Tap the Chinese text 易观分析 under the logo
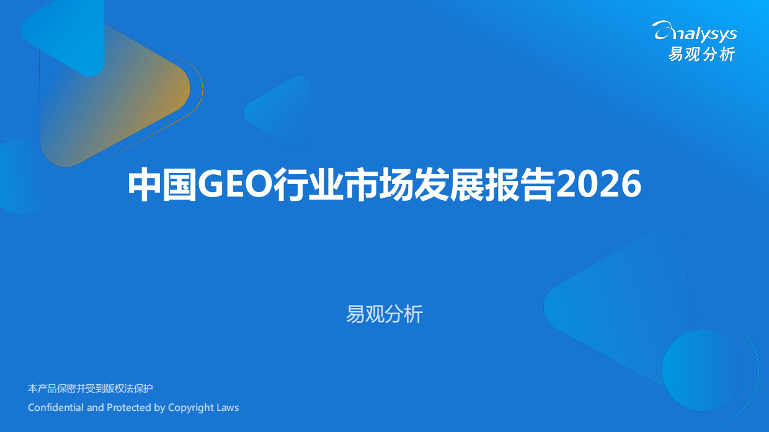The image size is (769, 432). [x=701, y=55]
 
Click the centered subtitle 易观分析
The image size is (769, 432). [x=384, y=315]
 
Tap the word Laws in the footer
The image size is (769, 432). [x=228, y=408]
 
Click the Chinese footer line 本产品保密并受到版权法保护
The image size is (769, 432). [x=91, y=389]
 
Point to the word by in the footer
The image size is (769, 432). [x=159, y=408]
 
